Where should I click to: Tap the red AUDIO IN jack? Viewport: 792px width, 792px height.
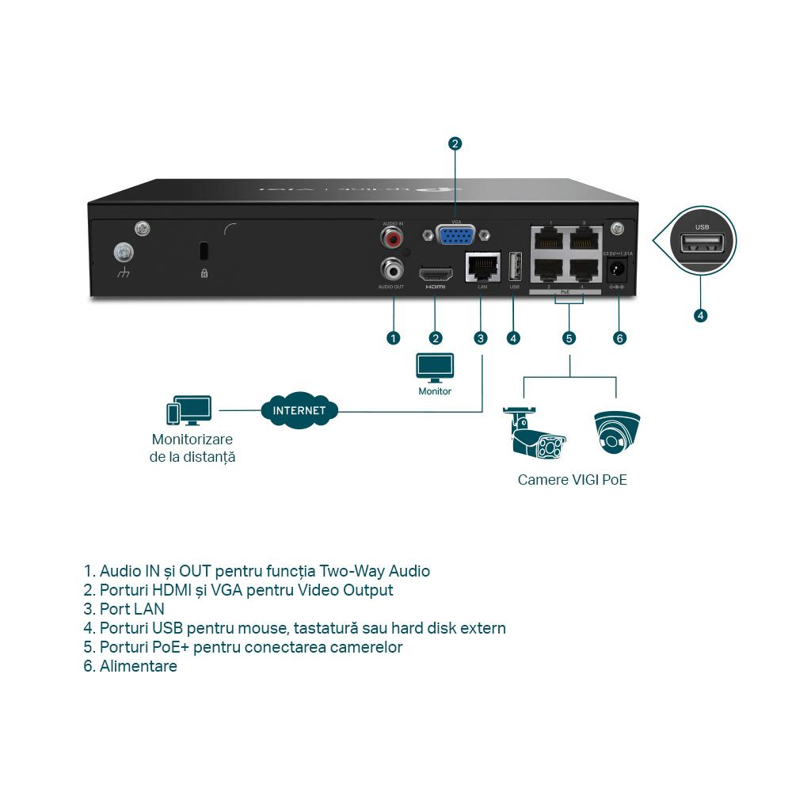point(392,236)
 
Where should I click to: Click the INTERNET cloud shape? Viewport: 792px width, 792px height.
point(299,410)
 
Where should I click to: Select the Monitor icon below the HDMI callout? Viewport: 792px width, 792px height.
point(435,367)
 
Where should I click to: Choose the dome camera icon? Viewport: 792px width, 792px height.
point(617,432)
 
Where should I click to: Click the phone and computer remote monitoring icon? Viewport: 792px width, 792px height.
point(188,411)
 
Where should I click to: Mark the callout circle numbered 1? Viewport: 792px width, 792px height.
point(393,338)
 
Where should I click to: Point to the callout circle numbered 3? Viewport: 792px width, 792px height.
point(481,338)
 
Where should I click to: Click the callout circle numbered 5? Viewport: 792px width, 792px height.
point(569,338)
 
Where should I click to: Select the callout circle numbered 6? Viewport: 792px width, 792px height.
point(620,338)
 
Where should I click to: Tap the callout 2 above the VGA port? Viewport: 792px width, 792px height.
point(455,143)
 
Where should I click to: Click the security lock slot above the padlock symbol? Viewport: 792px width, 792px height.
point(204,250)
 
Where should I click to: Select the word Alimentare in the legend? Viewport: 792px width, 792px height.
point(138,666)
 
